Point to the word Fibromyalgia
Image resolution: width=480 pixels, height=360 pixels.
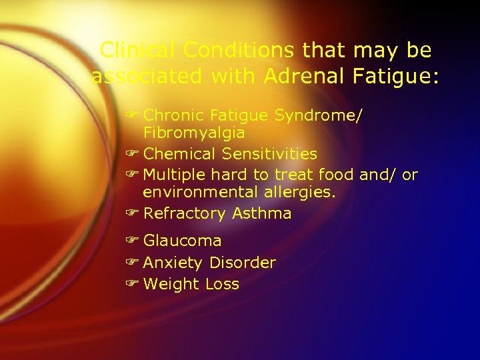coord(194,133)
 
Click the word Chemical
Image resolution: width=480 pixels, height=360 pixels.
coord(179,154)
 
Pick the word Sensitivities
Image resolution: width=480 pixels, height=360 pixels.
coord(269,154)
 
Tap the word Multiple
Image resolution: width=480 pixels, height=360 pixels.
coord(175,175)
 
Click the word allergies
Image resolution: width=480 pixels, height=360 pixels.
coord(297,192)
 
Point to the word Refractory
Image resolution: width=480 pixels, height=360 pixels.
coord(185,214)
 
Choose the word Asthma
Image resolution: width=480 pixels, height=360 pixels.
coord(261,214)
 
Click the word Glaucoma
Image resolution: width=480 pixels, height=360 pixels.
coord(182,241)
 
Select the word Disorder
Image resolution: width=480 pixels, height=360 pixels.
coord(242,263)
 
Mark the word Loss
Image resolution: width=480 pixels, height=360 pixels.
coord(222,284)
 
